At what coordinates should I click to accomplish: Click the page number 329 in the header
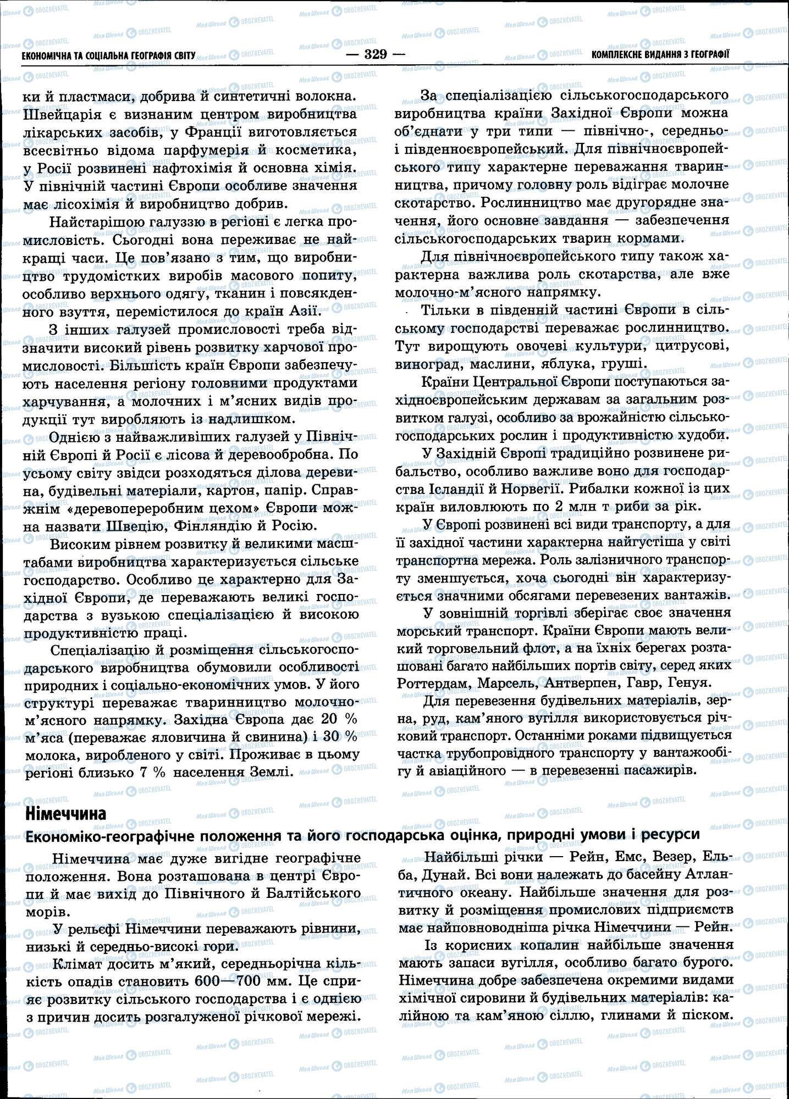(376, 54)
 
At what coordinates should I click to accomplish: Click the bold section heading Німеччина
(66, 813)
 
